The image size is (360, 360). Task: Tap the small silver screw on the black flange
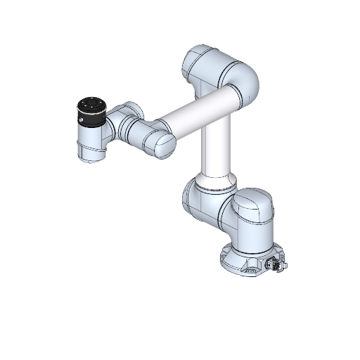83,120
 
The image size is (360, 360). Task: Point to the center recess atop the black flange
91,104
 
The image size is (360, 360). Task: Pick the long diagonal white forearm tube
198,108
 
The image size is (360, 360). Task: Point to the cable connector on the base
276,266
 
